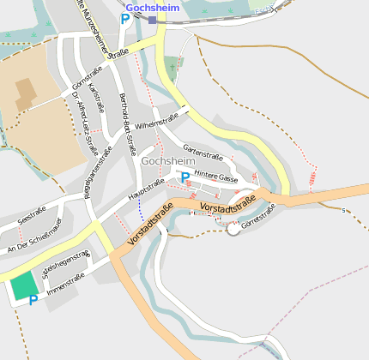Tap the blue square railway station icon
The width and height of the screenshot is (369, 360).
(152, 19)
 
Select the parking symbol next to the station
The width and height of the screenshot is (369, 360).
(125, 19)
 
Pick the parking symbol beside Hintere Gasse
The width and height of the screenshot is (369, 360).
(184, 177)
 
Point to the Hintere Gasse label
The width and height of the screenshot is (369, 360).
(215, 177)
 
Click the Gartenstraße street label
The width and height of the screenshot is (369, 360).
(203, 152)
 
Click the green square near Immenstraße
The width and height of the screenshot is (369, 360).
(24, 285)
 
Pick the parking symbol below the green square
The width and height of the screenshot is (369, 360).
(33, 301)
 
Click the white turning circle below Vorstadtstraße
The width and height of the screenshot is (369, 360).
(233, 229)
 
